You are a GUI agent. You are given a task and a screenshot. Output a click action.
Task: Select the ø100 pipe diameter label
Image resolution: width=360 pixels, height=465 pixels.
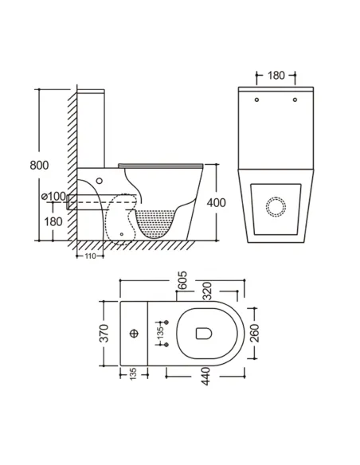(53, 196)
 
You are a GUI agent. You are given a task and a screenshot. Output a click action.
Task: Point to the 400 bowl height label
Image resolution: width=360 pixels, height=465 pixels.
(216, 202)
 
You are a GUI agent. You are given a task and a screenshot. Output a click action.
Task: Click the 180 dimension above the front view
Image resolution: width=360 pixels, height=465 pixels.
(276, 76)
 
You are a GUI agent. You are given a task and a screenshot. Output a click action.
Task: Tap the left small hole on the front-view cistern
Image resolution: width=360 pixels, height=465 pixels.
(256, 100)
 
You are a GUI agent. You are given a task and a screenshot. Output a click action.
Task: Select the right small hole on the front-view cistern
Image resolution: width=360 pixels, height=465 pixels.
(295, 100)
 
